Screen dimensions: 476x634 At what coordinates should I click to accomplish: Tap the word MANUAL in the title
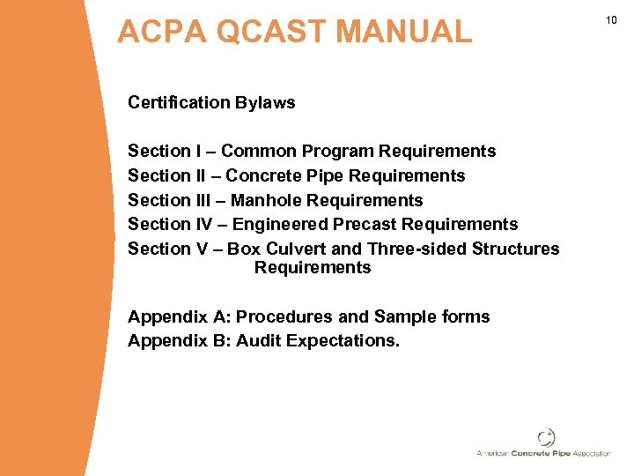[x=404, y=33]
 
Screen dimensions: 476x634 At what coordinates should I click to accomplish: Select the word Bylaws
[x=265, y=103]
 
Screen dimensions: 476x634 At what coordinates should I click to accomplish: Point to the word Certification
[x=179, y=102]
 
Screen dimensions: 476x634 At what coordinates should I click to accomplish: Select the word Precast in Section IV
[x=365, y=225]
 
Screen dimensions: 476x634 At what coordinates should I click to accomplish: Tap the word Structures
[x=515, y=249]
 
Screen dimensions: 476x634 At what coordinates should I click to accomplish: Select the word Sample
[x=403, y=316]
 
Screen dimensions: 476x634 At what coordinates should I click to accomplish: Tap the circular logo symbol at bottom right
[x=547, y=437]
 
